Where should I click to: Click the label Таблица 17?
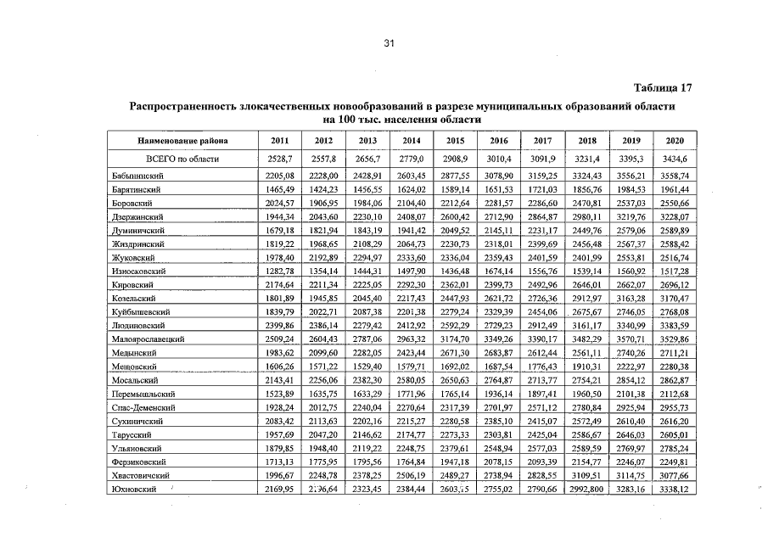(x=664, y=88)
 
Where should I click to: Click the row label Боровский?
(x=132, y=204)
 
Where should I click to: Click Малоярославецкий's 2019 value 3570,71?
(x=630, y=338)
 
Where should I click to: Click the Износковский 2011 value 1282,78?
(x=278, y=271)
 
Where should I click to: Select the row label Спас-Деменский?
(x=143, y=408)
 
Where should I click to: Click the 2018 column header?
(x=586, y=141)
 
